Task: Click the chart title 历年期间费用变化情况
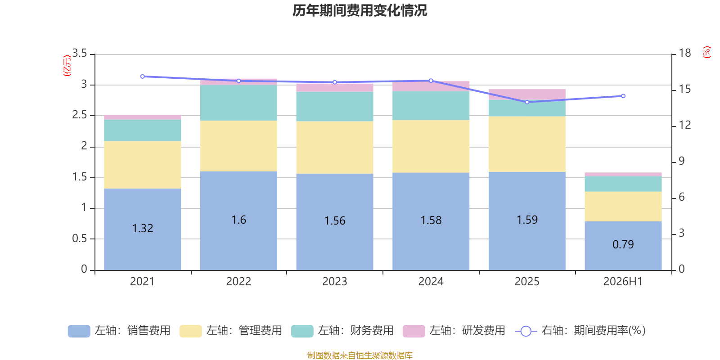[x=360, y=11]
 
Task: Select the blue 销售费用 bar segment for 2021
[x=142, y=229]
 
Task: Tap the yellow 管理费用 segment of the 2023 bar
[x=335, y=147]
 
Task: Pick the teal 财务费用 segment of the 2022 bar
[x=238, y=103]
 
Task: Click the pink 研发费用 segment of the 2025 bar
[x=527, y=94]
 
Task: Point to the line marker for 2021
[x=143, y=76]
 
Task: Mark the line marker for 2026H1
[x=623, y=96]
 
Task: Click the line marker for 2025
[x=527, y=102]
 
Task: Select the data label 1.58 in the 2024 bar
[x=431, y=220]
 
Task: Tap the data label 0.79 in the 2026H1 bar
[x=623, y=245]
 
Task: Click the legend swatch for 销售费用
[x=79, y=331]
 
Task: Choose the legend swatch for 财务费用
[x=302, y=331]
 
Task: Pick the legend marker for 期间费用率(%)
[x=526, y=331]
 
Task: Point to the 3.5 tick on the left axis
[x=80, y=53]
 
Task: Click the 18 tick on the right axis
[x=685, y=53]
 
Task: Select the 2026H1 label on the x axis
[x=623, y=282]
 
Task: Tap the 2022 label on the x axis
[x=238, y=282]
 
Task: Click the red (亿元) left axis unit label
[x=67, y=66]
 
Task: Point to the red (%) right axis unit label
[x=706, y=52]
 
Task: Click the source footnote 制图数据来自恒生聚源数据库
[x=360, y=355]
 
